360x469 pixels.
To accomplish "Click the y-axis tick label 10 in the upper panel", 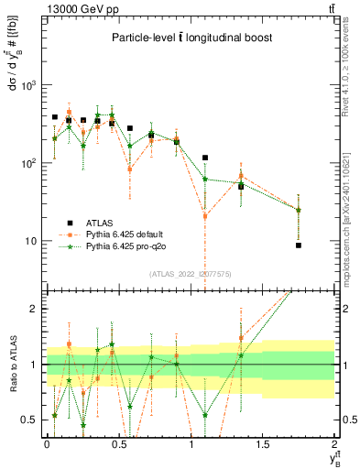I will [x=30, y=241].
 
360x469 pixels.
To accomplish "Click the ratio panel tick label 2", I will [x=35, y=309].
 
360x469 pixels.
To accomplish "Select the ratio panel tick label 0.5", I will [x=30, y=420].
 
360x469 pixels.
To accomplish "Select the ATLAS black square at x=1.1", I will [x=205, y=158].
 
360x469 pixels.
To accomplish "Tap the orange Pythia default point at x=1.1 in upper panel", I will [x=205, y=216].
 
